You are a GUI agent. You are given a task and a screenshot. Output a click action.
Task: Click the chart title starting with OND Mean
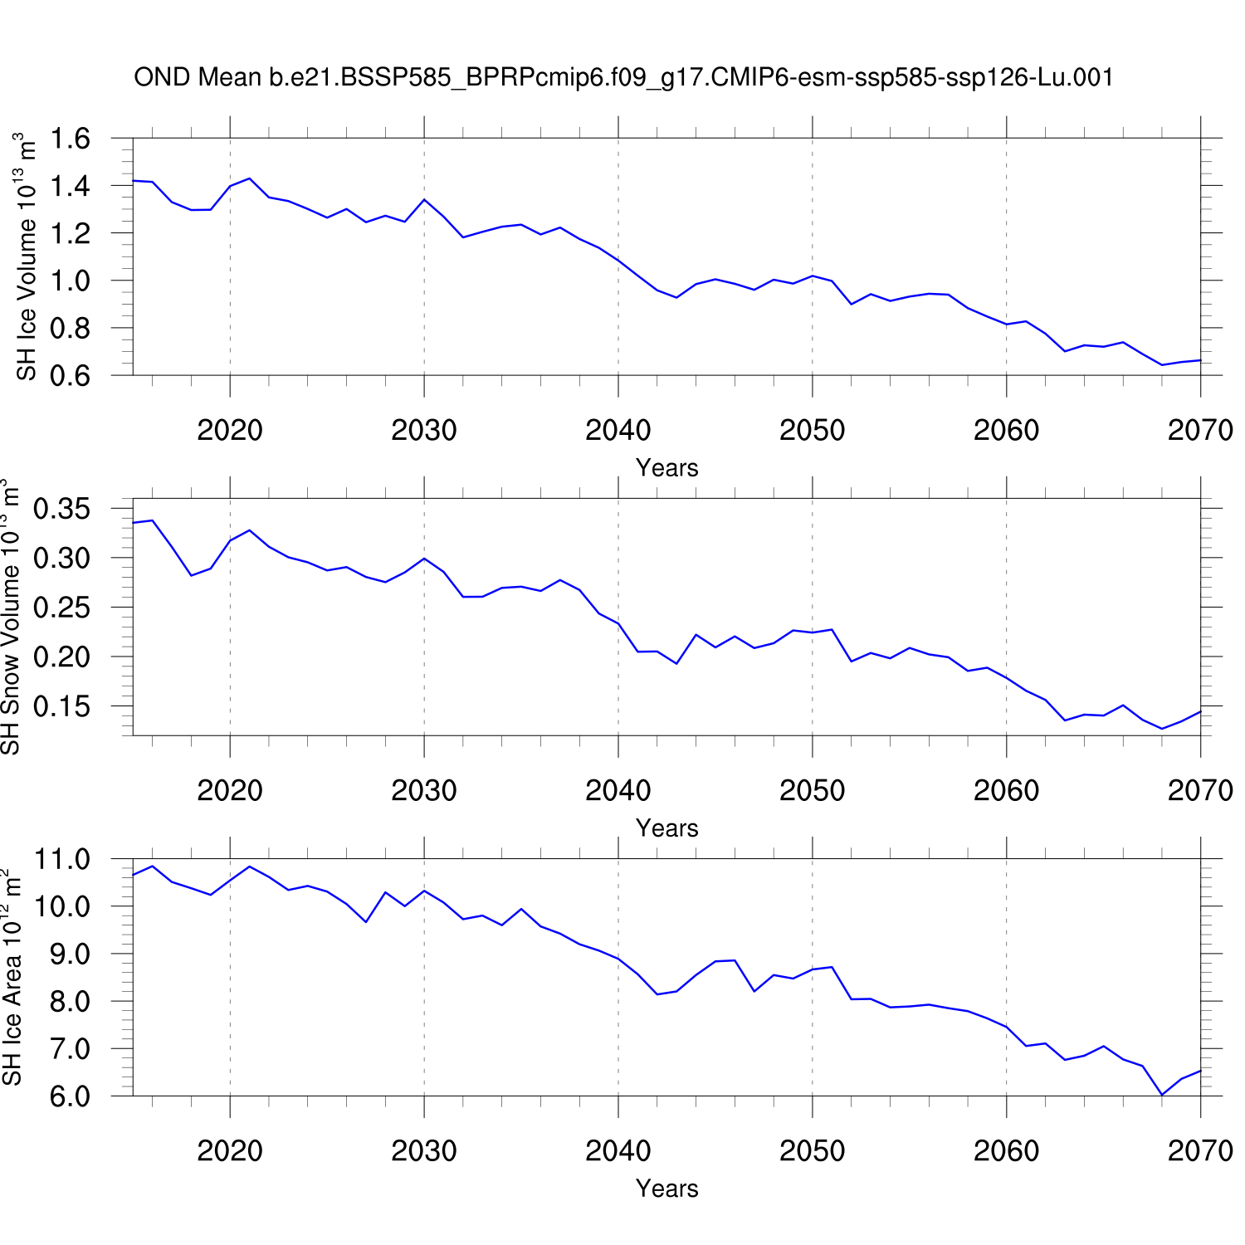click(x=622, y=77)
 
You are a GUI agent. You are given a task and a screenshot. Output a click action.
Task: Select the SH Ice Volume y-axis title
click(x=27, y=256)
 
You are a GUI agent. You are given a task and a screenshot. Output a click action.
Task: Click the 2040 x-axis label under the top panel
click(x=618, y=430)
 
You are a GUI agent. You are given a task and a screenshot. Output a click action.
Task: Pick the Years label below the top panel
click(x=666, y=468)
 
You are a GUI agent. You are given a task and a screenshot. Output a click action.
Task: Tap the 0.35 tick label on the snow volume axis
click(x=61, y=509)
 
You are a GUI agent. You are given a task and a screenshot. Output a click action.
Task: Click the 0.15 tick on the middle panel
click(x=61, y=706)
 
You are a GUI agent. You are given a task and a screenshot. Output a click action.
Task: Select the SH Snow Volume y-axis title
click(x=10, y=617)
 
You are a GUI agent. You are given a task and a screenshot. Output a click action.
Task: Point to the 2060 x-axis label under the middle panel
click(x=1006, y=790)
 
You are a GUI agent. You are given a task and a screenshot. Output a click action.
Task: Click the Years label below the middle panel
click(x=666, y=828)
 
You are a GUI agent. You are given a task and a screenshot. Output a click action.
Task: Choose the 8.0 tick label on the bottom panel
click(x=70, y=1002)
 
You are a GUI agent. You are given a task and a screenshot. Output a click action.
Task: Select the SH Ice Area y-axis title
click(x=12, y=977)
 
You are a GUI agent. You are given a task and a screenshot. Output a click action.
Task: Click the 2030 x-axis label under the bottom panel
click(x=423, y=1150)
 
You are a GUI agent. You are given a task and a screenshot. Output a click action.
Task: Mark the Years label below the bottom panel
click(x=666, y=1189)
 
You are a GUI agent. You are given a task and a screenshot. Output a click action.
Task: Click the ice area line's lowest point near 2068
click(x=1162, y=1095)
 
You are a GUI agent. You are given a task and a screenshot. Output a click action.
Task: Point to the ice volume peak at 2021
click(x=249, y=178)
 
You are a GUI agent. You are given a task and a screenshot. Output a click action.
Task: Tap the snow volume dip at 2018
click(x=191, y=575)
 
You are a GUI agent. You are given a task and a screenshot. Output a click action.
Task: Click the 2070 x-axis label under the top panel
click(x=1199, y=430)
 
